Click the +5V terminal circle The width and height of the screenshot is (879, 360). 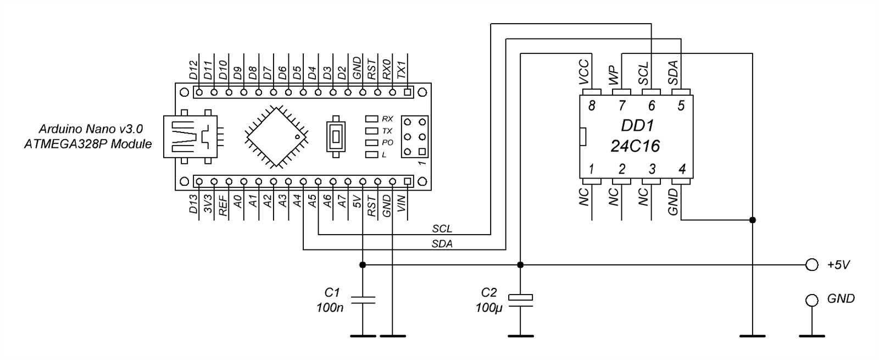coord(811,265)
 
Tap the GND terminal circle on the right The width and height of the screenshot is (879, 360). coord(811,300)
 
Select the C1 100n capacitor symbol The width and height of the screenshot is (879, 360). coord(363,300)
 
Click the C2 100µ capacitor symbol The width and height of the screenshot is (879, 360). coord(520,298)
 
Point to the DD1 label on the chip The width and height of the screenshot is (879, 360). coord(637,126)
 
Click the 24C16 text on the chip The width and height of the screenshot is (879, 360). coord(635,146)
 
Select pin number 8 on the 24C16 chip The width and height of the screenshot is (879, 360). coord(591,106)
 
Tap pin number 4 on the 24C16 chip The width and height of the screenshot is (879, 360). coord(682,169)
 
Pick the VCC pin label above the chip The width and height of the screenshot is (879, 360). coord(584,71)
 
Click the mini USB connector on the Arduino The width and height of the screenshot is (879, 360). coord(190,136)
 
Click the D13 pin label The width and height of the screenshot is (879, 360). coord(193,204)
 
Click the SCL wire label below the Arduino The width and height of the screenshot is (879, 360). coord(442,229)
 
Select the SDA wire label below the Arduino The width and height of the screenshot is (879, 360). coord(442,244)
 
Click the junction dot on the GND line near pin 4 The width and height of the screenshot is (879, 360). coord(753,220)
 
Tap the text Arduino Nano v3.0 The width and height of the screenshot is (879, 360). coord(91,129)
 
